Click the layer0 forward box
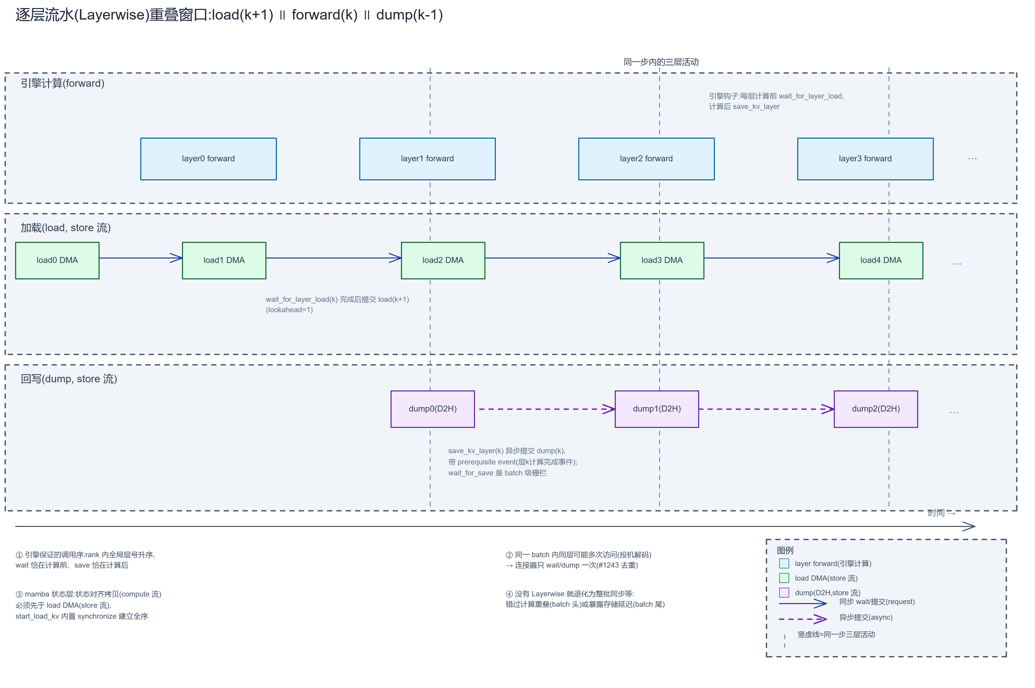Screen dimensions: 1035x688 point(209,159)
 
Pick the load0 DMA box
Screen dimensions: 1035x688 point(57,260)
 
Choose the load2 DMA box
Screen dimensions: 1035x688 point(443,260)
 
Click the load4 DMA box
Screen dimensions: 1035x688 point(881,260)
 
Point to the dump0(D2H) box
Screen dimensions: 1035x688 point(433,409)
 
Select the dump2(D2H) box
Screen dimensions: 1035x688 point(876,409)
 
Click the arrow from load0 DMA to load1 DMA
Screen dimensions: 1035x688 point(141,258)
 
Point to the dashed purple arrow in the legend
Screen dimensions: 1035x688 point(803,619)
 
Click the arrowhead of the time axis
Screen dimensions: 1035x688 point(975,526)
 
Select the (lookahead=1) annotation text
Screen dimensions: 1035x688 point(289,310)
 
